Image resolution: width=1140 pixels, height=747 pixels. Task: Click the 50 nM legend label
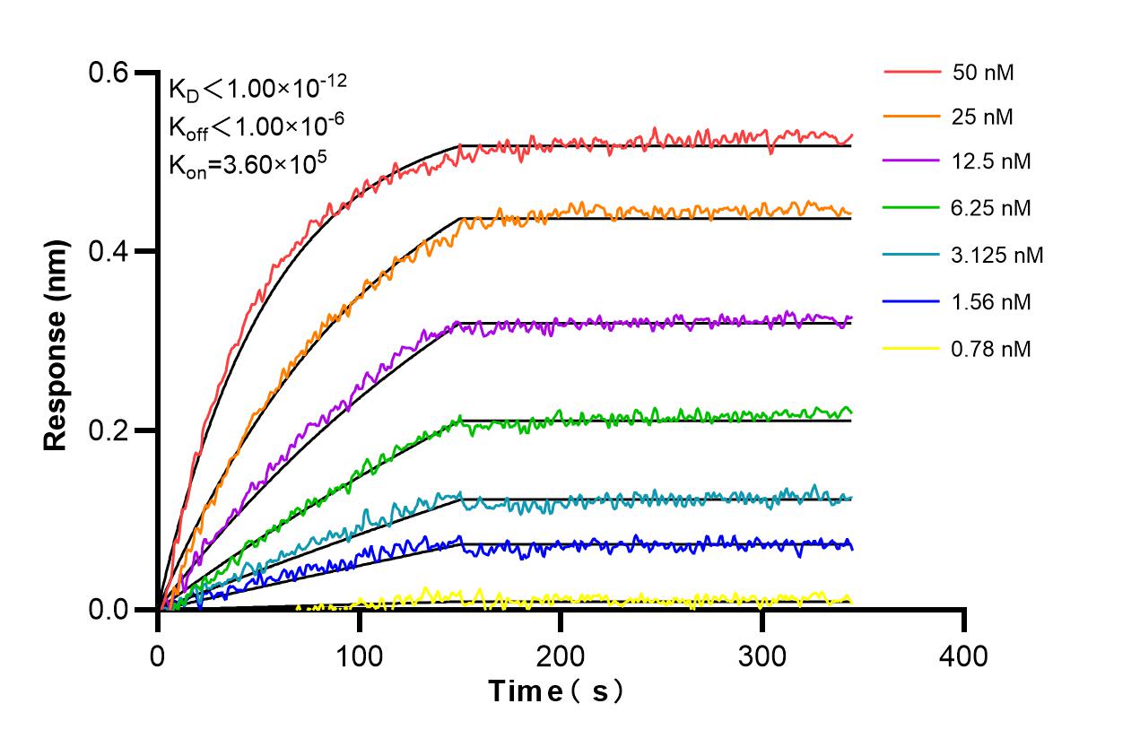click(983, 73)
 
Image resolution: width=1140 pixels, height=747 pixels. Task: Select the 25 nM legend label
click(983, 116)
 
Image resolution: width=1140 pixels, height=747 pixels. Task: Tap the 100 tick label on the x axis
click(360, 656)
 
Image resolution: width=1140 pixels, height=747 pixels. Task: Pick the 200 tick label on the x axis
click(561, 656)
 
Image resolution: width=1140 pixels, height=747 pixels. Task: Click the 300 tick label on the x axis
click(761, 656)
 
